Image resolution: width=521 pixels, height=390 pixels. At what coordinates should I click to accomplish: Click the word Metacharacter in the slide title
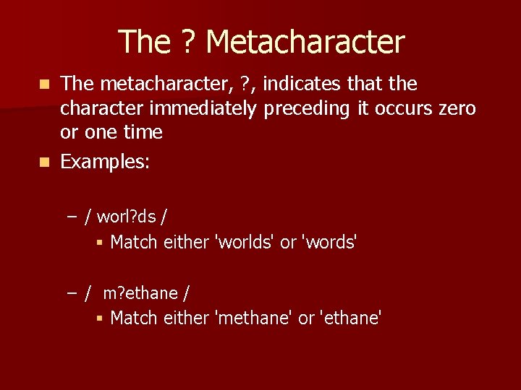tap(305, 42)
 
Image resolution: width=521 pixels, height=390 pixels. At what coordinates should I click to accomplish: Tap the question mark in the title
tap(187, 42)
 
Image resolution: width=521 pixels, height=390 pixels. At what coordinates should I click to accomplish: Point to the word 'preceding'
tap(305, 109)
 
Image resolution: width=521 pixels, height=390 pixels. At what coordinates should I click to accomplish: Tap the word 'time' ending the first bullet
tap(142, 133)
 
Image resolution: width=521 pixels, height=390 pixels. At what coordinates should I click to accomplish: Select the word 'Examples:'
tap(105, 162)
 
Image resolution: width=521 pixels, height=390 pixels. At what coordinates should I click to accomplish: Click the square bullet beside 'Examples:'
tap(46, 162)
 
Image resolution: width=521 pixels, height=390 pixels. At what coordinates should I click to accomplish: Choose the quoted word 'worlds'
tap(246, 243)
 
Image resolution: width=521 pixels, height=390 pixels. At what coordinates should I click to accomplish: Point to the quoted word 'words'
tap(330, 243)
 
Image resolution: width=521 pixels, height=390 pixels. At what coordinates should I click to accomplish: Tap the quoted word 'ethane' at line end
tap(350, 318)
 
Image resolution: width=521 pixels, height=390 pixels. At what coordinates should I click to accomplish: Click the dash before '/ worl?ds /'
tap(71, 216)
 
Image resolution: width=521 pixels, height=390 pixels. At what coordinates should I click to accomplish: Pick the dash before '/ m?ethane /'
tap(71, 293)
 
